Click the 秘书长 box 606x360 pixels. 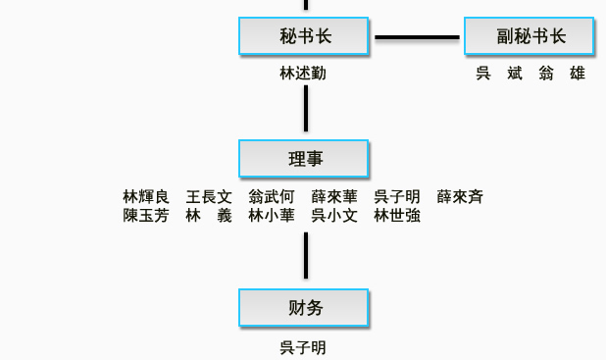click(304, 37)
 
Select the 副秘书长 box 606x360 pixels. click(530, 37)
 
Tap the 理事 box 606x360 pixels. click(304, 159)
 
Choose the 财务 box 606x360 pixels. click(304, 308)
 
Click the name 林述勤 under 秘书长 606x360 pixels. click(303, 74)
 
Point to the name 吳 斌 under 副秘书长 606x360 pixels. click(499, 74)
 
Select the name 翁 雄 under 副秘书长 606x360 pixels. click(562, 74)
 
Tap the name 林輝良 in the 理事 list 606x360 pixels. click(146, 197)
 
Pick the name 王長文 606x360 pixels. click(209, 197)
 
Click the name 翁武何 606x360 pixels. click(272, 197)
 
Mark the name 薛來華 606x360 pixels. click(334, 197)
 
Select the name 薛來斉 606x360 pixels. click(460, 197)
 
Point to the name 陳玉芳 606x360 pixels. click(146, 216)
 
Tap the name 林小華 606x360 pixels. click(272, 216)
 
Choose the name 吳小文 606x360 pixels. click(334, 216)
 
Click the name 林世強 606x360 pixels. click(397, 216)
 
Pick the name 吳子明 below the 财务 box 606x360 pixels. click(303, 348)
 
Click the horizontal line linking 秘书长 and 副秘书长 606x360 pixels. click(417, 38)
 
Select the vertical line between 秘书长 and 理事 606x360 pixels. click(306, 108)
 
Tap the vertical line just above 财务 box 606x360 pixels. click(306, 256)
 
